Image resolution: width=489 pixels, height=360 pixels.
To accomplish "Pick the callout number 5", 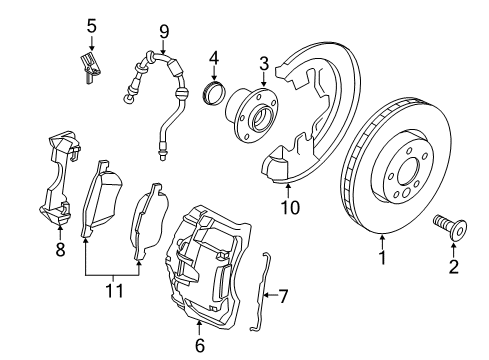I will coord(90,24).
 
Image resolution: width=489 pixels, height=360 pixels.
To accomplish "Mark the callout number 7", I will coord(283,296).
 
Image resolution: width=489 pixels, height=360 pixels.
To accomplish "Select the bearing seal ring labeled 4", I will coord(212,95).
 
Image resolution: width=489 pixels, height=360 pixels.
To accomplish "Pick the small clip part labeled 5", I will coord(93,69).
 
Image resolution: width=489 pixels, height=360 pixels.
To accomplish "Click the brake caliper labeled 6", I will coord(205,265).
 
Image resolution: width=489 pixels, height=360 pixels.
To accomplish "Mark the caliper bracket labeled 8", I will coord(56,180).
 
